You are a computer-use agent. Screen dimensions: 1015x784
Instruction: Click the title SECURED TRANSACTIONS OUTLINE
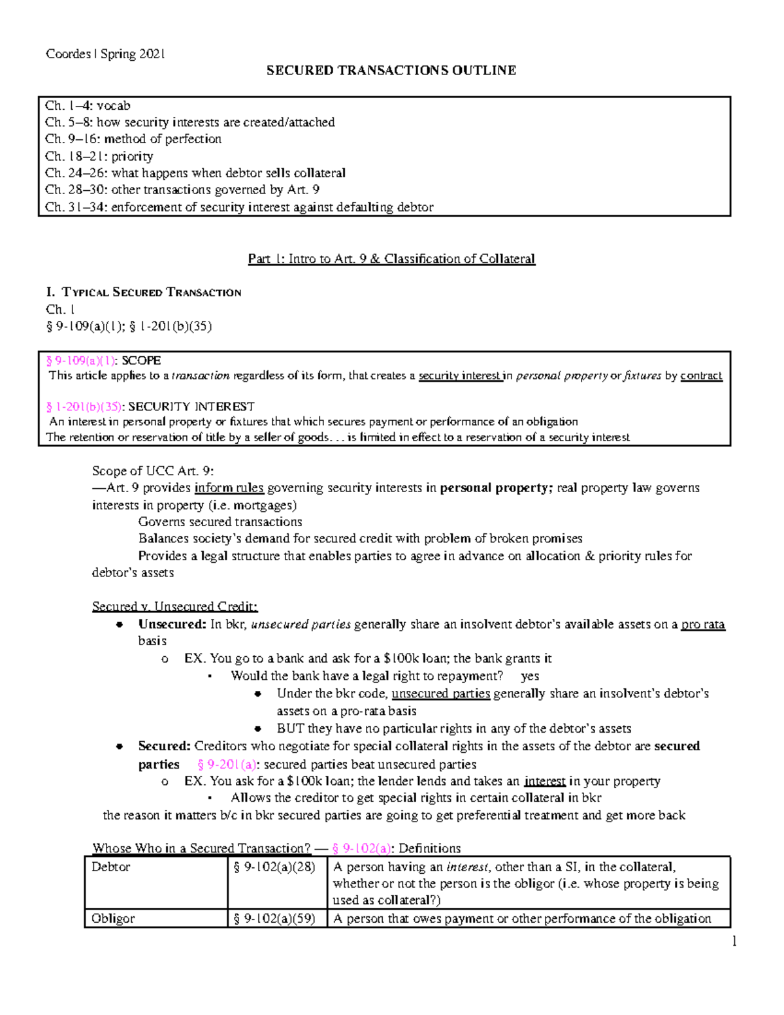point(391,71)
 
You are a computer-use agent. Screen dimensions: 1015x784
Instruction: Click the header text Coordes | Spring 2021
point(105,54)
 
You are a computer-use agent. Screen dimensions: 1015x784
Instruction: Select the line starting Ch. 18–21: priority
point(99,156)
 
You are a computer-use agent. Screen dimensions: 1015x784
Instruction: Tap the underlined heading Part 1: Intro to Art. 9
point(391,259)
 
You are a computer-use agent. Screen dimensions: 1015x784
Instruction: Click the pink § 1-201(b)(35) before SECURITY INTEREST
point(84,407)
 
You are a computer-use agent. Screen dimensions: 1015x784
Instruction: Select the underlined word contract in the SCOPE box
point(701,376)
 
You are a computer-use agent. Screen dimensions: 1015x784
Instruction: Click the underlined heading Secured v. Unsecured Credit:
point(174,607)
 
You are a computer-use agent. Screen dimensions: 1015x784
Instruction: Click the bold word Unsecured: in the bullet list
point(172,624)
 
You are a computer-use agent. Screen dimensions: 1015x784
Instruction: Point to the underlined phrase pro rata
point(702,624)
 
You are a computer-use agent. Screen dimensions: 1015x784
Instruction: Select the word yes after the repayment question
point(530,676)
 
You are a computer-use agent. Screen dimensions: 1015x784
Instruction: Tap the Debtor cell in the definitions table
point(111,867)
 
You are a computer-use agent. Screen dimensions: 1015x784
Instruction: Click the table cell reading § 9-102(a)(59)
point(274,918)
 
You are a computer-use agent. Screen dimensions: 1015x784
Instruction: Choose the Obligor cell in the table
point(113,918)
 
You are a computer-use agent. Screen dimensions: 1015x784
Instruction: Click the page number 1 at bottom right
point(734,941)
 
